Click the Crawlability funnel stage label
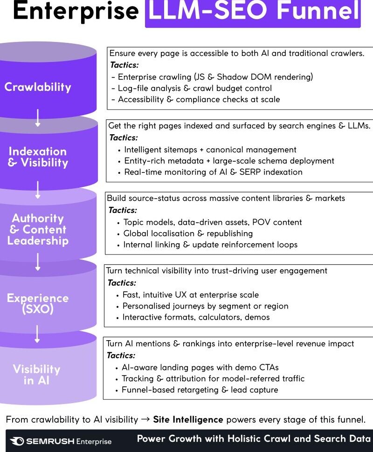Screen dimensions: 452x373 click(x=38, y=87)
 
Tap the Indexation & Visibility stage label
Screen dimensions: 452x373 click(x=38, y=157)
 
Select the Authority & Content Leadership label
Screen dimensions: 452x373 click(x=38, y=229)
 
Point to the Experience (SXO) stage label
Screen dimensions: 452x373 click(x=38, y=303)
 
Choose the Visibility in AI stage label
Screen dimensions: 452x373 click(x=36, y=375)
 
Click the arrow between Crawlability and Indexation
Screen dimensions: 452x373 click(x=38, y=118)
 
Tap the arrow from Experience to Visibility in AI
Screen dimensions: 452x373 click(x=38, y=334)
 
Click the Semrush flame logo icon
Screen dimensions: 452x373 click(x=17, y=441)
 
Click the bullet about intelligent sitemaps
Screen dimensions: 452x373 click(x=210, y=150)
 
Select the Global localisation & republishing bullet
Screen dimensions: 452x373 click(x=188, y=233)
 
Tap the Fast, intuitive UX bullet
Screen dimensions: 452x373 click(x=190, y=294)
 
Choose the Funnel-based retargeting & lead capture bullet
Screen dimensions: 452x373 click(x=200, y=390)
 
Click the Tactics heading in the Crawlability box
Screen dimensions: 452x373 click(x=124, y=65)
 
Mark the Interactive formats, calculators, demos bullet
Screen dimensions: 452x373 click(x=196, y=317)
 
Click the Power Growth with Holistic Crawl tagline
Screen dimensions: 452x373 click(x=253, y=439)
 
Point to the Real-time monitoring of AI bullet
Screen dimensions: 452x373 click(x=213, y=172)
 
